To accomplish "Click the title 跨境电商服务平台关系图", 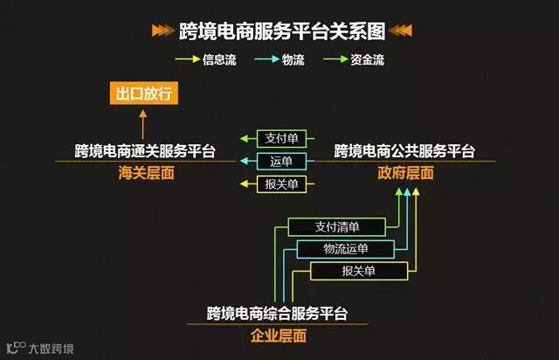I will coord(280,31).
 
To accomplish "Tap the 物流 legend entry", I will coord(286,60).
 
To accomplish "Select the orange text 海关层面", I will coord(146,173).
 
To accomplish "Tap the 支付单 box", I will coord(280,139).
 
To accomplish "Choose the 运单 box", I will coord(280,161).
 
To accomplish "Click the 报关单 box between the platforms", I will coord(280,183).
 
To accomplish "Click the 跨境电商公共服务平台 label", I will coord(404,151).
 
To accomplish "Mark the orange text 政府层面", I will coord(404,173).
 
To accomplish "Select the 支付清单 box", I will coord(337,227).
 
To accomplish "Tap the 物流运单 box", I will coord(347,250).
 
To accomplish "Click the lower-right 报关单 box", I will coord(358,272).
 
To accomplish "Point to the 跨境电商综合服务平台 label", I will coord(278,313).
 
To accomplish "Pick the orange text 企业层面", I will coord(278,335).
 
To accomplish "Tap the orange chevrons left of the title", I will coord(163,31).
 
